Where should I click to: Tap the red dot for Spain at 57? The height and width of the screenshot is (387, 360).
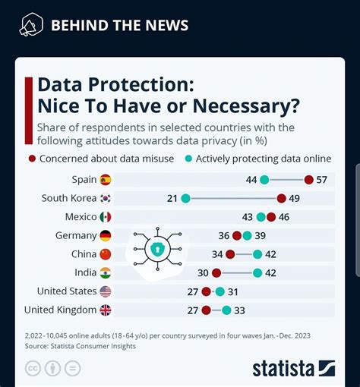coord(308,180)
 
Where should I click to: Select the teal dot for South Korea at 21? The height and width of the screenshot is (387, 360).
coord(185,199)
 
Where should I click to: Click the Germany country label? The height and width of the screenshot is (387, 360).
coord(76,235)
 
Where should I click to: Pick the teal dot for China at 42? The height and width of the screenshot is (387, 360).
coord(257,254)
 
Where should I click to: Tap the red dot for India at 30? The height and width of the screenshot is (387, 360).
coord(216,272)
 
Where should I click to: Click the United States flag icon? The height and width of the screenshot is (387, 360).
coord(105,291)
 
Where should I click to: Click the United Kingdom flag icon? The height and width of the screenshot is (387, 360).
coord(105,310)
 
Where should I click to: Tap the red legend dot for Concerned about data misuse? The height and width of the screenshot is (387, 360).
coord(31,159)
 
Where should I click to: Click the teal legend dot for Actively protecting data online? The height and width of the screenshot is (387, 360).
coord(188,159)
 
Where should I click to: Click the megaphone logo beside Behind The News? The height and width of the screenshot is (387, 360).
coord(30,26)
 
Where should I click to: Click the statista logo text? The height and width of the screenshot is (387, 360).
coord(283,369)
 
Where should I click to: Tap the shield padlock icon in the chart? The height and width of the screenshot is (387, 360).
coord(157,248)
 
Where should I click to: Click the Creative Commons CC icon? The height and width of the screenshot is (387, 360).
coord(33,369)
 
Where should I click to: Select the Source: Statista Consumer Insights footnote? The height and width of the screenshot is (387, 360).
coord(80,346)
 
